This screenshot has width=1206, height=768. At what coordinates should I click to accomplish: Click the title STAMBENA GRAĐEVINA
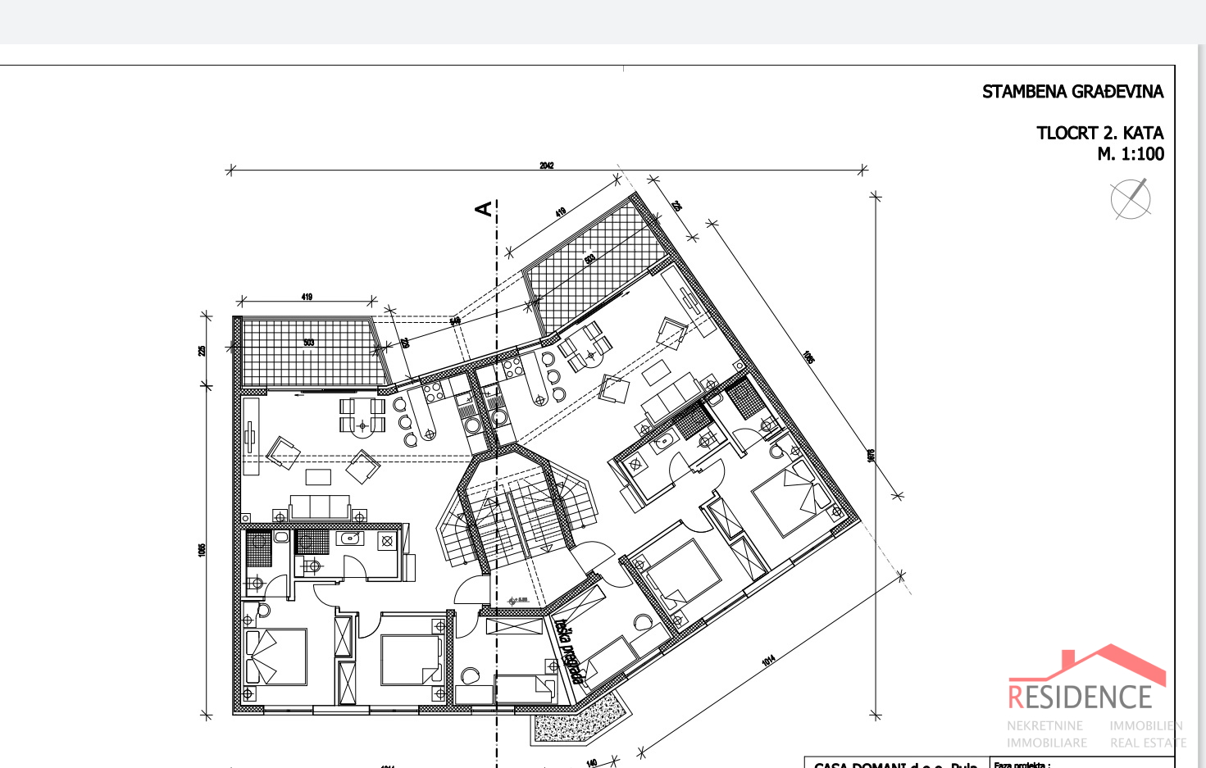click(x=1072, y=92)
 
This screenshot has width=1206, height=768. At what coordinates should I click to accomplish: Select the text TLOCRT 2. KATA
click(x=1099, y=133)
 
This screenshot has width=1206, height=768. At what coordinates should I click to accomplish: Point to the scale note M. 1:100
click(x=1130, y=154)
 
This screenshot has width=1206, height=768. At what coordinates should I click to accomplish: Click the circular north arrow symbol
click(x=1131, y=199)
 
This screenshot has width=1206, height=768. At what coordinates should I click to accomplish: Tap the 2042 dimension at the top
click(x=547, y=166)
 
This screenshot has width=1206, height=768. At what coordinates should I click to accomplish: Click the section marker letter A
click(x=485, y=209)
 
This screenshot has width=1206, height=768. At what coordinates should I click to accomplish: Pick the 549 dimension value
click(x=455, y=321)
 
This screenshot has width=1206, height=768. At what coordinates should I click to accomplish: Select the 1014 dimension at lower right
click(x=768, y=660)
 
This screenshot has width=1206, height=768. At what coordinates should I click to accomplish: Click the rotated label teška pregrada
click(x=569, y=651)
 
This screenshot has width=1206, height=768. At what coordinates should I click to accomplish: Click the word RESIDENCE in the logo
click(x=1080, y=698)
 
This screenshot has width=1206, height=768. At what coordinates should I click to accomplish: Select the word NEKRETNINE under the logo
click(x=1044, y=726)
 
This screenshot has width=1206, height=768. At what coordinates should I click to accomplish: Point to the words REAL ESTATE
click(x=1148, y=743)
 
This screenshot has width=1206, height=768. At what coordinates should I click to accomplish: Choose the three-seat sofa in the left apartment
click(x=319, y=507)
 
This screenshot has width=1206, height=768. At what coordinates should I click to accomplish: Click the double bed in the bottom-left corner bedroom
click(x=276, y=657)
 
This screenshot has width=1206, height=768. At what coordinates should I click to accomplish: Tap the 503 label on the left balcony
click(x=309, y=343)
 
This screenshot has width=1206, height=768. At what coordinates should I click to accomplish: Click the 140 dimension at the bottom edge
click(x=592, y=762)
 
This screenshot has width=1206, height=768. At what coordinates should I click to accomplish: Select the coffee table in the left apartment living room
click(x=318, y=476)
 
